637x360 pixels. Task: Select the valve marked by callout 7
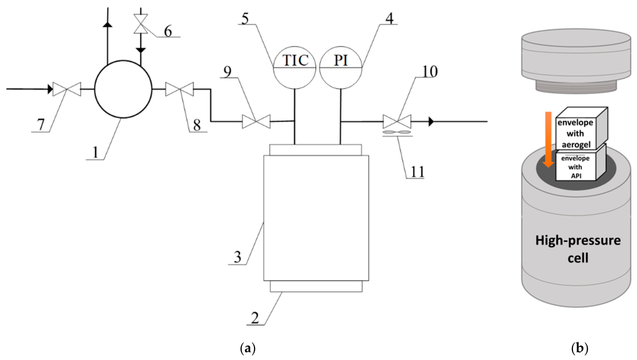point(67,89)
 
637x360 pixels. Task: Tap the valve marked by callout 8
point(180,89)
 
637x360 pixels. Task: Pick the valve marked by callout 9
point(256,121)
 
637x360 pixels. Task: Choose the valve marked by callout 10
point(397,121)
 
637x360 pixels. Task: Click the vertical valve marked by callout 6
point(141,24)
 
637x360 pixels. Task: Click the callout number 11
point(417,172)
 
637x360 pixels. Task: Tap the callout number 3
point(237,257)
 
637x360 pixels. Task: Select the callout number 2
point(255,318)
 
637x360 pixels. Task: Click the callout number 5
point(245,19)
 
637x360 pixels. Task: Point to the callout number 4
point(389,19)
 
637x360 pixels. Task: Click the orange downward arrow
point(549,140)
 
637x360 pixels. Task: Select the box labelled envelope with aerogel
point(581,128)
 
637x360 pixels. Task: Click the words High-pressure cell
point(578,249)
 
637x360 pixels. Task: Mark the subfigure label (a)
point(248,349)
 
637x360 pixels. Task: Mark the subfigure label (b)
point(579,349)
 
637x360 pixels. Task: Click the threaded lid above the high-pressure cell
point(576,61)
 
